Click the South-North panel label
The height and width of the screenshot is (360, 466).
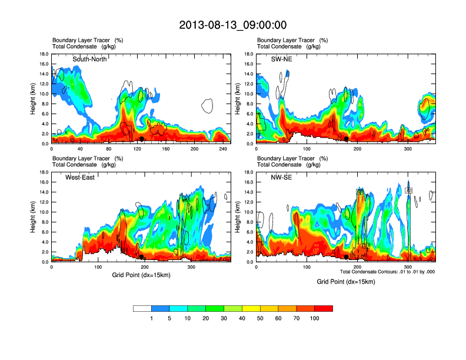89,59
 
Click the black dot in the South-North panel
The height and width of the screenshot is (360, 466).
141,139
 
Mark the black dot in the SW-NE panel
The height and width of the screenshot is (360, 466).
347,139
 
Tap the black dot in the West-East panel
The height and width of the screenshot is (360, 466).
142,257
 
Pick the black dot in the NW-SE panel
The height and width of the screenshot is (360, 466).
347,257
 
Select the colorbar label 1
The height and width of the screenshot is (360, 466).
151,318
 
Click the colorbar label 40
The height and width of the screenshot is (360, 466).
242,318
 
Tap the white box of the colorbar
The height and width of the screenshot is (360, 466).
142,308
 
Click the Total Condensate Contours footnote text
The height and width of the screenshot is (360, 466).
386,272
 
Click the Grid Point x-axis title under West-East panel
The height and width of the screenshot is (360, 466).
141,275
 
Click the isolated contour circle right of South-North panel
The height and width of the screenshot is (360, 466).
207,106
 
